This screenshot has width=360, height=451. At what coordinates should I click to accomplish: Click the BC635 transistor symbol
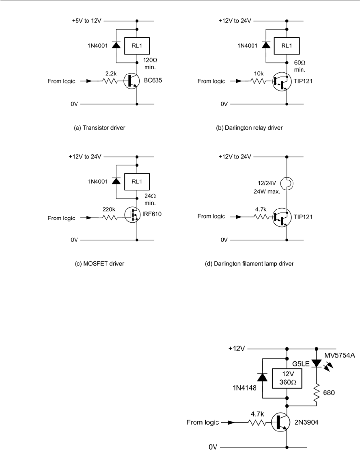point(132,81)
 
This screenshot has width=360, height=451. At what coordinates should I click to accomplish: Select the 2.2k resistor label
point(111,74)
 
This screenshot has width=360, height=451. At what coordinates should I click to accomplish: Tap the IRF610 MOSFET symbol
point(132,215)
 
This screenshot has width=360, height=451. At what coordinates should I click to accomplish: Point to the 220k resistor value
point(109,209)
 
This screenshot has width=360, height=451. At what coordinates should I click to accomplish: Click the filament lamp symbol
point(287,183)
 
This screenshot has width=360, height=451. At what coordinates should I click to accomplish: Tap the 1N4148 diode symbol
point(262,377)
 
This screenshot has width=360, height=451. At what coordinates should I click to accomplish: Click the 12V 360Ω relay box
point(287,378)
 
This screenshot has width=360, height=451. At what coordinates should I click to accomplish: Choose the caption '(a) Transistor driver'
point(100,128)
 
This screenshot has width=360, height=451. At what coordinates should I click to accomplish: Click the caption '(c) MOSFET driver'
point(100,263)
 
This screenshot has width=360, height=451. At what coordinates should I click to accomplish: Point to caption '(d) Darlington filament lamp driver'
point(249,263)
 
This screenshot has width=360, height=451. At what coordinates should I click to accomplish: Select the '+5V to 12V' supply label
point(86,21)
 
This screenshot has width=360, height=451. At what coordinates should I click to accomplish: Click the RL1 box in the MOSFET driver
point(137,182)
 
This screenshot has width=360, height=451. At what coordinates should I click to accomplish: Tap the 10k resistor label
point(259,74)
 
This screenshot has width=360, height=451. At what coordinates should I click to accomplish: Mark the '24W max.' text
point(267,191)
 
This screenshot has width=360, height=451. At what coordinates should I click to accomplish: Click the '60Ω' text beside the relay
point(300,63)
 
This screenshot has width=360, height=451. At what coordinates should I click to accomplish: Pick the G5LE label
point(301,364)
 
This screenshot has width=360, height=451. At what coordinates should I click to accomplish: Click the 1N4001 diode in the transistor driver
point(116,45)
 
